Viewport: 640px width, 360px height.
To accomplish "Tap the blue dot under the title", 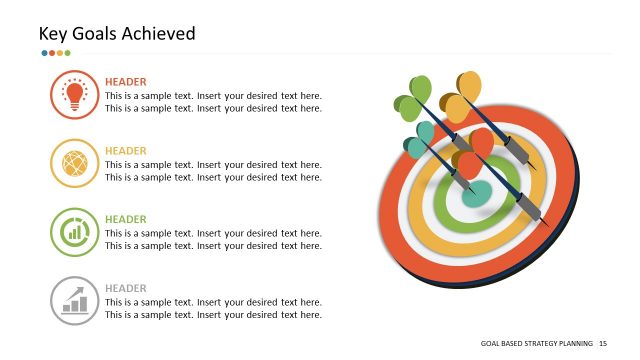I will click(44, 53).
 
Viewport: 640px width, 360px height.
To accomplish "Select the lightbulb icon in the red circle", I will click(74, 95).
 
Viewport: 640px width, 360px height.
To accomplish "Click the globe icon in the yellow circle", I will click(74, 163).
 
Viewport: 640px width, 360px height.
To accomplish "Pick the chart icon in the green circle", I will click(74, 232).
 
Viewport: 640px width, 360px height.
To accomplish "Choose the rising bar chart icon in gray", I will click(74, 300).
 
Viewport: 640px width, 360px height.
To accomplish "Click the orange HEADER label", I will click(125, 82).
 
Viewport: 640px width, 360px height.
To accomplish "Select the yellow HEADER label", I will click(125, 151).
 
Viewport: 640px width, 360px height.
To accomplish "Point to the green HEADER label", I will click(125, 219).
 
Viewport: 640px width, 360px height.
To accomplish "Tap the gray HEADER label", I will click(125, 288).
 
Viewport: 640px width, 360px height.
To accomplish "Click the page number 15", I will click(603, 343).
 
